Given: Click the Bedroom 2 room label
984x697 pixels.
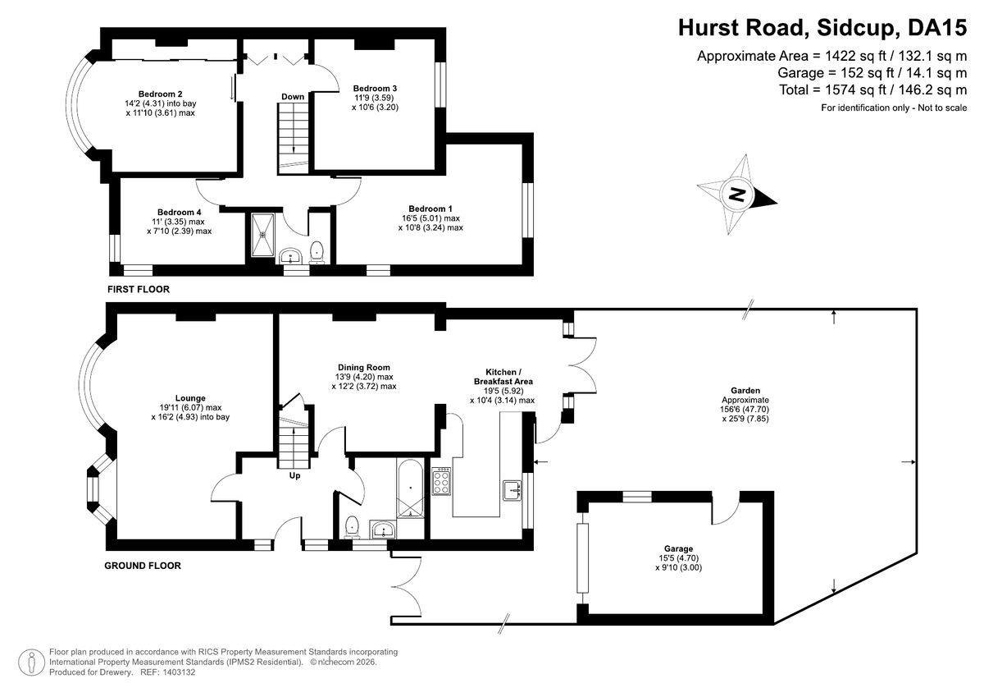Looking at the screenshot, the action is (161, 94).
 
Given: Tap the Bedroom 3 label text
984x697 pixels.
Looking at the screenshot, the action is (375, 88).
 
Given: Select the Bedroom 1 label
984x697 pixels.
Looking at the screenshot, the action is (430, 209).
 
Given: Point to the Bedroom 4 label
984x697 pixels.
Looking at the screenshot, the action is (180, 213).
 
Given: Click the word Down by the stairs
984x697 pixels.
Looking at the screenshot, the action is (293, 97).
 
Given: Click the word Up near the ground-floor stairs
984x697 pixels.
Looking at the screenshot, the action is (294, 476).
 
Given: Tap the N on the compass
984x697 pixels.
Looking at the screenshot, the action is (737, 194).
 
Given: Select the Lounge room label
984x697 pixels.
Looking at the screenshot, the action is (190, 398).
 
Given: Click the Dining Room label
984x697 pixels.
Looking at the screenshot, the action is (364, 367).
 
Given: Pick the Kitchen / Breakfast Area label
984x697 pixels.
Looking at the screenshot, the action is (503, 377).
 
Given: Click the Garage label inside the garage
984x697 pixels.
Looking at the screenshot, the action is (678, 548).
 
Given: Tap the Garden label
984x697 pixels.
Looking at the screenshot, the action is (745, 390).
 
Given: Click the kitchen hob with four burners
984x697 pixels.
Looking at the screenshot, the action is (441, 481).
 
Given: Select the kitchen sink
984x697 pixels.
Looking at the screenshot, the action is (512, 490).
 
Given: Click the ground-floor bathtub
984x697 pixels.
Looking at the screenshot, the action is (410, 488).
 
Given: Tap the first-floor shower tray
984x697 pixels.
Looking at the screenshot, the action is (262, 235).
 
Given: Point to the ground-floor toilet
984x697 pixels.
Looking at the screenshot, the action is (353, 527).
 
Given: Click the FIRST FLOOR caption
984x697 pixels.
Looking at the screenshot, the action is (139, 289).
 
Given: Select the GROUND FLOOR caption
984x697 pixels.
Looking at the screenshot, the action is (143, 566).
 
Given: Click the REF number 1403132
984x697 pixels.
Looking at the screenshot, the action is (179, 672).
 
